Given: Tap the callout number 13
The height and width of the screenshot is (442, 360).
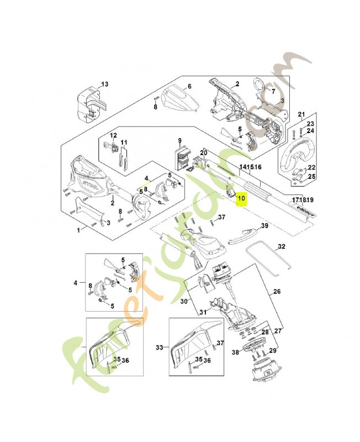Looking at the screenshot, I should click(105, 85).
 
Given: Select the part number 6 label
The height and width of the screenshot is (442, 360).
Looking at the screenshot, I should click(189, 87).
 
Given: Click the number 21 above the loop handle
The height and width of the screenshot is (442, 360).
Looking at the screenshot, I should click(301, 114).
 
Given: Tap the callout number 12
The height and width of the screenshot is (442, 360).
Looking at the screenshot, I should click(114, 135).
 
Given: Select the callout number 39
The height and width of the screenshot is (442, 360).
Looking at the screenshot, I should click(264, 226).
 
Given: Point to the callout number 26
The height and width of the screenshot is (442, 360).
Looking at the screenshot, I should click(277, 292).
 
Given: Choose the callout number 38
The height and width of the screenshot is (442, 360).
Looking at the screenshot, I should click(236, 351).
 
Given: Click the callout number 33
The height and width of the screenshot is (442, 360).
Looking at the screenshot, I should click(160, 348).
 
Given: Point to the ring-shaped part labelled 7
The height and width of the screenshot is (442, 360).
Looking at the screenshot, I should click(257, 86).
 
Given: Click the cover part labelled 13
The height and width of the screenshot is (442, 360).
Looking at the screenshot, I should click(88, 103).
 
